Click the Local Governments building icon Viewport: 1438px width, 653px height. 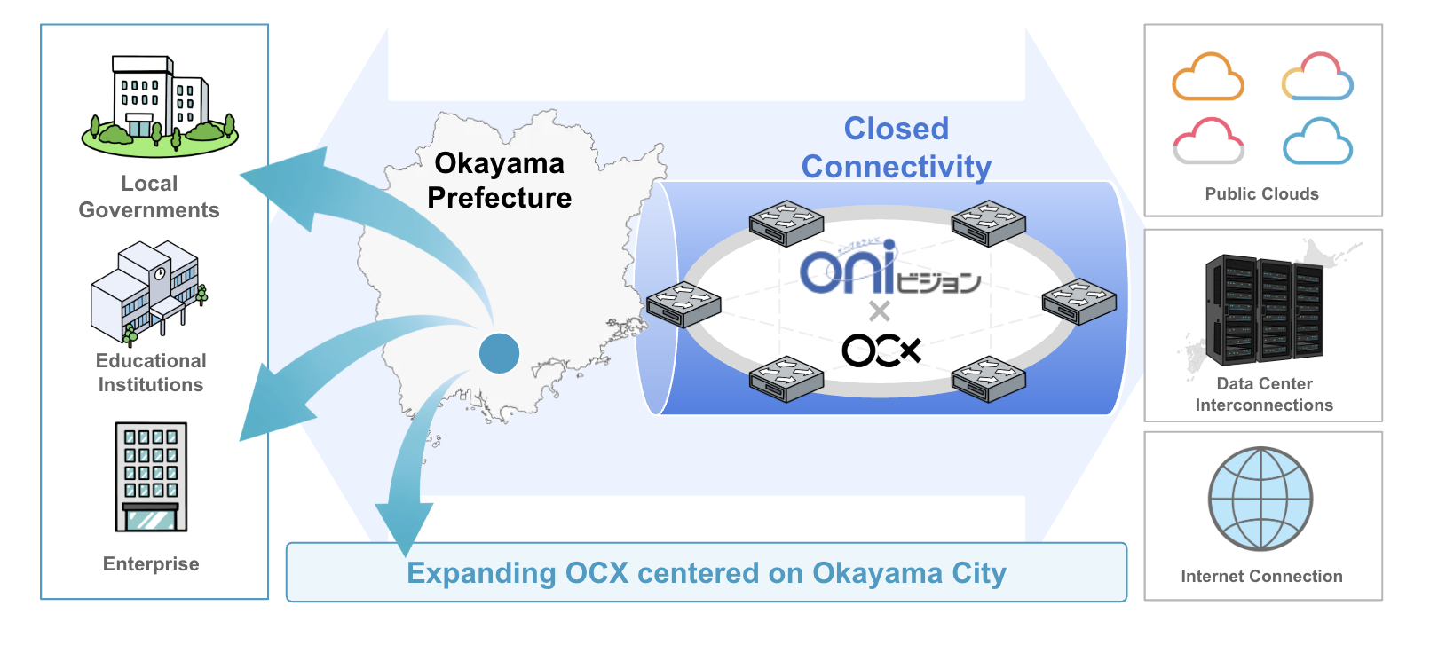(160, 106)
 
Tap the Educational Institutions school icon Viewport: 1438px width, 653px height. (150, 293)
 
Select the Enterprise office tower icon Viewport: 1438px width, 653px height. (151, 476)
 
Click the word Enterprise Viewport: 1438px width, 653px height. (151, 564)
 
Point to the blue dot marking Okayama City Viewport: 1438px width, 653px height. (499, 353)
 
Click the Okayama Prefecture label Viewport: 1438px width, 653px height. (500, 180)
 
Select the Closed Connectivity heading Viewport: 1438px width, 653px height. (897, 147)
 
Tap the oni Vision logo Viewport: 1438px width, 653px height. (889, 267)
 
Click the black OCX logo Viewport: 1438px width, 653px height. (881, 350)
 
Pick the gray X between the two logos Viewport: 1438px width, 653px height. (879, 311)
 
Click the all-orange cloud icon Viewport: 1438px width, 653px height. (1207, 76)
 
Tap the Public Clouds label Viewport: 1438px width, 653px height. (1261, 193)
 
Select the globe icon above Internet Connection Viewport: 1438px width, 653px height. (1260, 499)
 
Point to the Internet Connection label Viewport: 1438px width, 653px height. (1261, 576)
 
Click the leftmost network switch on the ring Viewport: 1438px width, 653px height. (683, 304)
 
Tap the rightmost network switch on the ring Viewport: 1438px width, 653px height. (1079, 301)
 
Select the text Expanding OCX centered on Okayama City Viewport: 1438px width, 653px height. (707, 573)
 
